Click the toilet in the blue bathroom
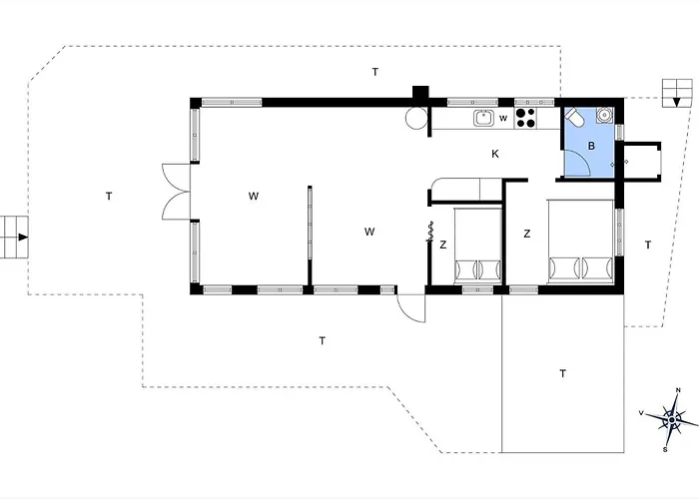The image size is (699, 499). (x=574, y=117)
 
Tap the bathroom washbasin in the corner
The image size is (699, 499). (x=605, y=115)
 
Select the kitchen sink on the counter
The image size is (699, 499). (x=483, y=118)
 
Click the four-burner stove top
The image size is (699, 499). (x=525, y=118)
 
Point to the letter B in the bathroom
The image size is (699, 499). (x=591, y=146)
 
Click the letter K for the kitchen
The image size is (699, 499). (x=495, y=154)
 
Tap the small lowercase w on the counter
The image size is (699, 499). (x=503, y=118)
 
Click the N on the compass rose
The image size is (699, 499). (x=678, y=390)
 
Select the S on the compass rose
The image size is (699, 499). (x=665, y=449)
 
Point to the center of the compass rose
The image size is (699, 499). (x=672, y=420)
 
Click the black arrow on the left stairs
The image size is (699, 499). (x=23, y=238)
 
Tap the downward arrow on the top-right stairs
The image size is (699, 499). (x=677, y=103)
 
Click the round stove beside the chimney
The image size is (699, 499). (x=416, y=118)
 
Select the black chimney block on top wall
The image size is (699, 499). (x=420, y=92)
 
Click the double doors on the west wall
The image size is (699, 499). (x=176, y=192)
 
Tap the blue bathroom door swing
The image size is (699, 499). (x=577, y=163)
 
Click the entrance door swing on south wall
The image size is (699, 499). (x=411, y=307)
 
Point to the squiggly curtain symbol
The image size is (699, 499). (x=430, y=232)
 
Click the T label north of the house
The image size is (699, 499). (x=375, y=72)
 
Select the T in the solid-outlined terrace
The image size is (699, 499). (x=562, y=373)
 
